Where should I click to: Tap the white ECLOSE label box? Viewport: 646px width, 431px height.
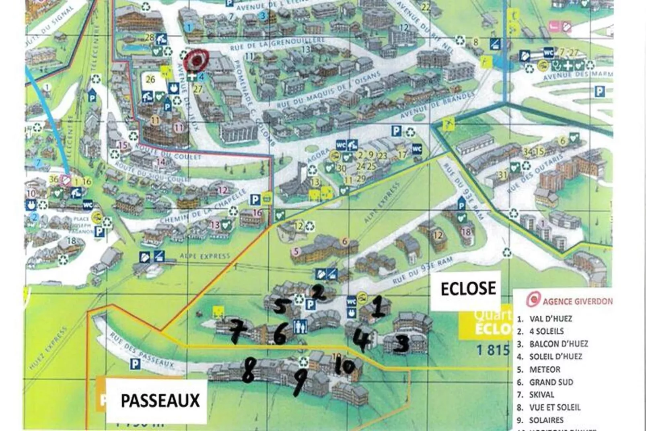click(468, 289)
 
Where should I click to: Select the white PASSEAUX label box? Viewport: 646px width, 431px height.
click(160, 400)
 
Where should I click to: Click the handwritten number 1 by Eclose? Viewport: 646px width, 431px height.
click(379, 307)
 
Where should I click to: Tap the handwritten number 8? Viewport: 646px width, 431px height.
click(247, 370)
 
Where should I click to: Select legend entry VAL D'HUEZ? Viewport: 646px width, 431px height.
click(550, 319)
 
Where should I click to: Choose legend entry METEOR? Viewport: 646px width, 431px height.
click(545, 369)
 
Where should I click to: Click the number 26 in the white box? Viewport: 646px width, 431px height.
click(150, 79)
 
